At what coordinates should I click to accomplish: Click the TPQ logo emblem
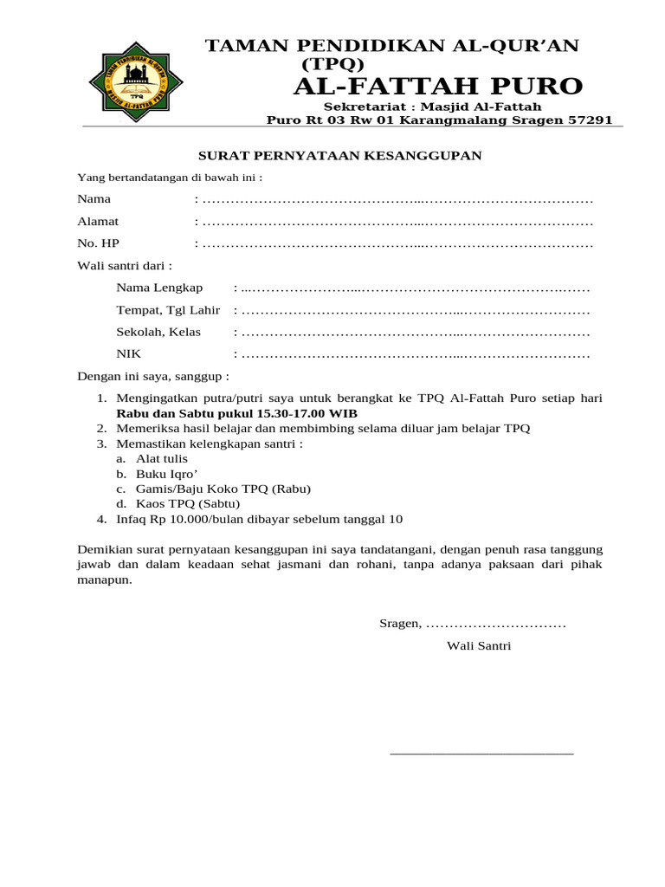pyautogui.click(x=137, y=83)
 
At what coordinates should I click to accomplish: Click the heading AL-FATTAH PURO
pyautogui.click(x=438, y=86)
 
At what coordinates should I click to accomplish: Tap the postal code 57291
pyautogui.click(x=589, y=120)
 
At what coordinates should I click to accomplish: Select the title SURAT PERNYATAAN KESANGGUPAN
pyautogui.click(x=340, y=155)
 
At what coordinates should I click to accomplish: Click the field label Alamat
pyautogui.click(x=98, y=222)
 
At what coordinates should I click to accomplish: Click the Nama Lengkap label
pyautogui.click(x=159, y=288)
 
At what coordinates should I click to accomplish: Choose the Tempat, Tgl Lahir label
pyautogui.click(x=168, y=310)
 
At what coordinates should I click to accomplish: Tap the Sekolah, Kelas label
pyautogui.click(x=158, y=332)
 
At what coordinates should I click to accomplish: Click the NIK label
pyautogui.click(x=128, y=354)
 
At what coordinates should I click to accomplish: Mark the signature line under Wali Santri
pyautogui.click(x=481, y=754)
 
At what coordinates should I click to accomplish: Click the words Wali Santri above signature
pyautogui.click(x=479, y=645)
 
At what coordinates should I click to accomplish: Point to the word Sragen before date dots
pyautogui.click(x=400, y=624)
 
